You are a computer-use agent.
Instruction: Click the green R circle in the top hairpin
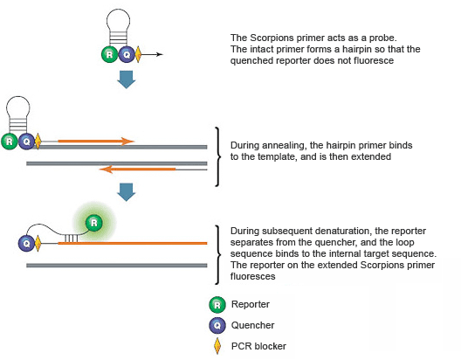[109, 53]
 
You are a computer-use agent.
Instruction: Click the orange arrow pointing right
[96, 140]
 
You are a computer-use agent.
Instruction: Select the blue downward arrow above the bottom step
[127, 191]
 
